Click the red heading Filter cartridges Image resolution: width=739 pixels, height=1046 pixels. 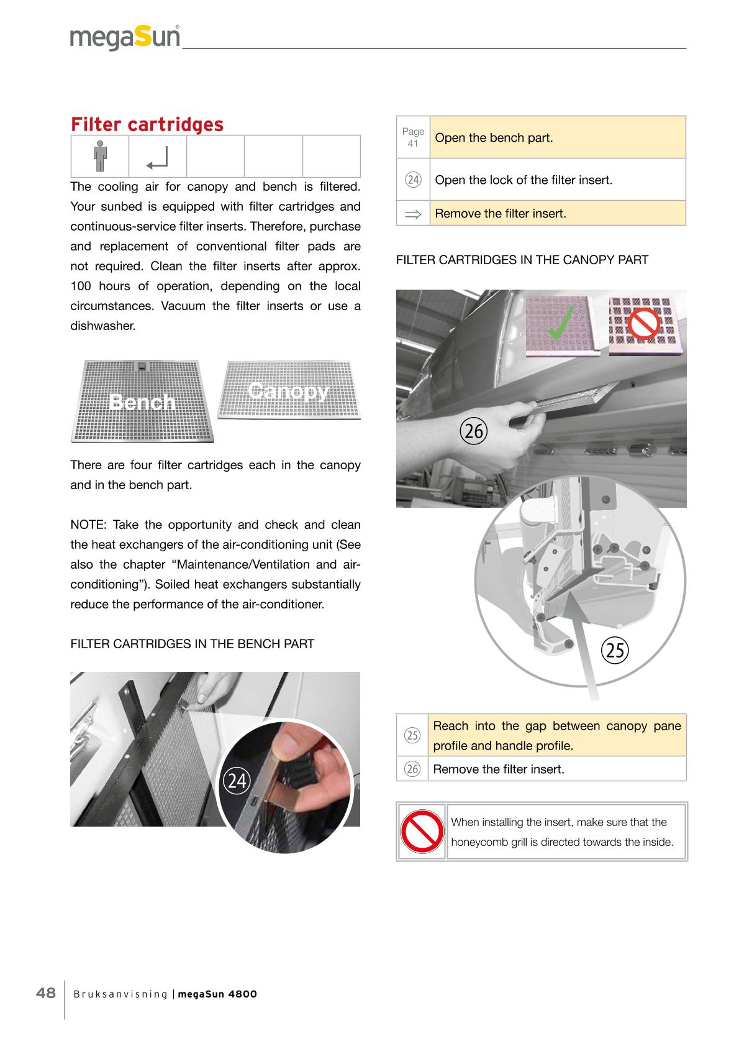click(147, 124)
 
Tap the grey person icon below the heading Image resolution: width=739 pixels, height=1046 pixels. click(100, 156)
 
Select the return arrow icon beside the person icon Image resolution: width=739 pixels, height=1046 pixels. click(157, 158)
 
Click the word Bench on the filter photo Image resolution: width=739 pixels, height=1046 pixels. click(142, 402)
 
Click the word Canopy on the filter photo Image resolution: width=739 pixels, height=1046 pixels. click(288, 391)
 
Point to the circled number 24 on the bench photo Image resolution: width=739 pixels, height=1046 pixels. click(236, 781)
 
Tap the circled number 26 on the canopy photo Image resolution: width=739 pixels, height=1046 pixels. click(473, 430)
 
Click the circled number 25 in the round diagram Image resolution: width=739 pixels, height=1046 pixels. click(615, 649)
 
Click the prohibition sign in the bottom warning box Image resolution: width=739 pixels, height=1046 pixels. click(420, 831)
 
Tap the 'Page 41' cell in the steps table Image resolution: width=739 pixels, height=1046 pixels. click(413, 137)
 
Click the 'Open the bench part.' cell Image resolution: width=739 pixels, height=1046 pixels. click(557, 137)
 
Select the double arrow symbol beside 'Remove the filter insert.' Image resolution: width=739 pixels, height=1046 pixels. click(412, 214)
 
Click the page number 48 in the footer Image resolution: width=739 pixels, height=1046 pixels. click(45, 993)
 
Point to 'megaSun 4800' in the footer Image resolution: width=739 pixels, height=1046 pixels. click(217, 994)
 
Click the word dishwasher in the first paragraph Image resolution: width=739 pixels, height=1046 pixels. click(102, 326)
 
